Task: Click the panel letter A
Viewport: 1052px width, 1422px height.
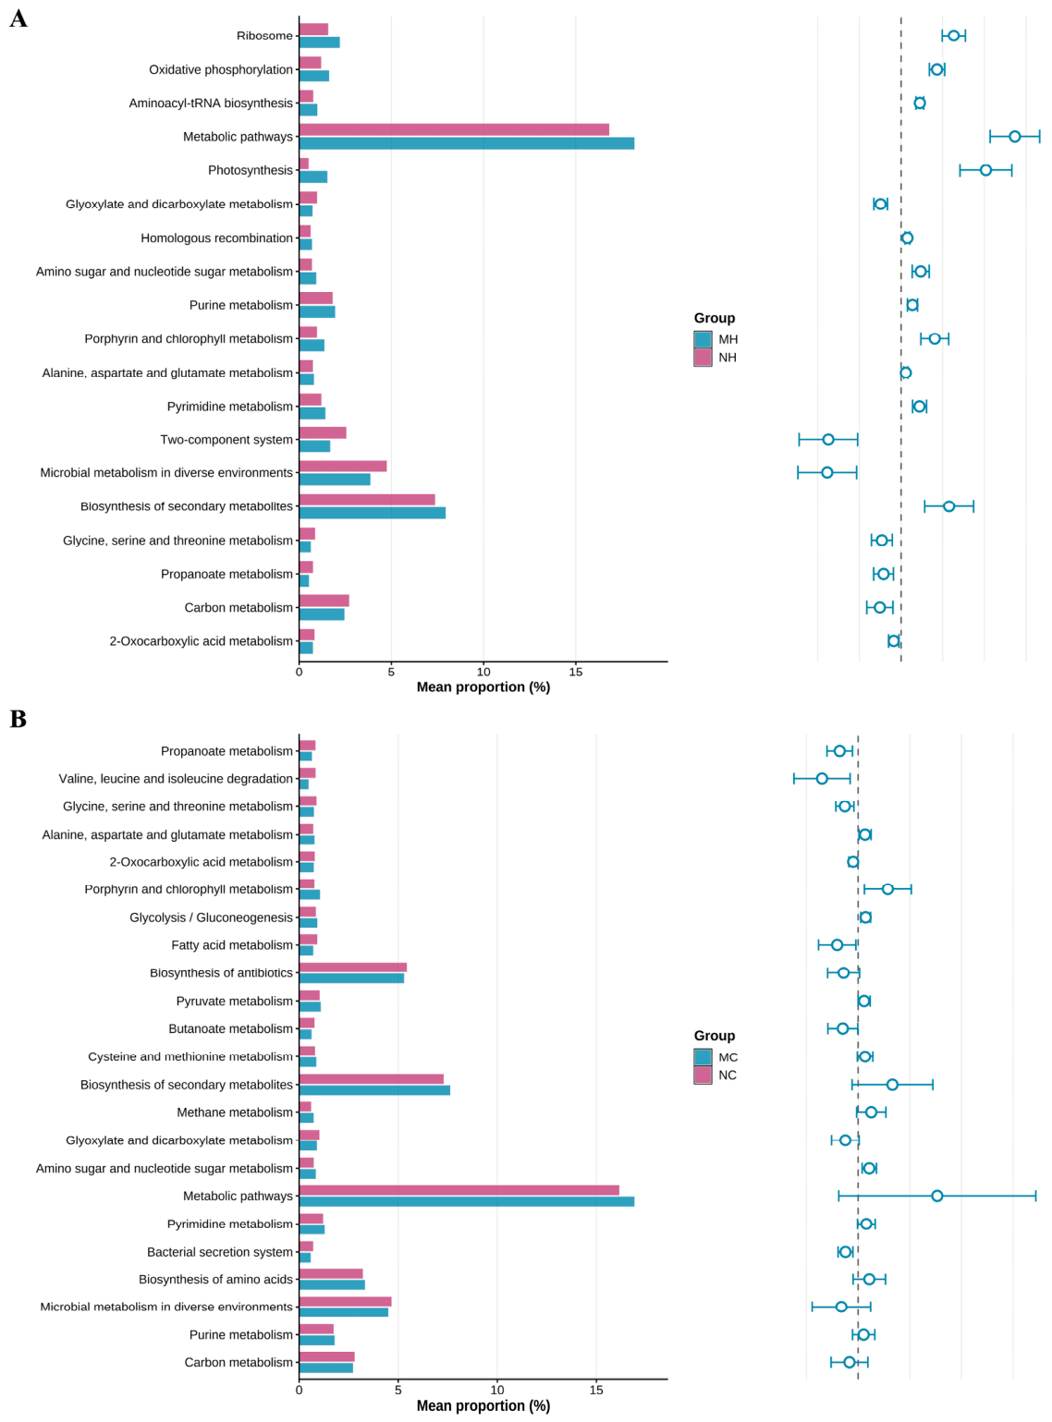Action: coord(18,18)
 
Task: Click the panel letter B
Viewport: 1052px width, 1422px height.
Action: coord(18,718)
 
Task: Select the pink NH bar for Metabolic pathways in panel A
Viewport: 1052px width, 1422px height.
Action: coord(454,129)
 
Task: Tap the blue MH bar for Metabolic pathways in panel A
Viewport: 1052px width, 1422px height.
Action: coord(466,143)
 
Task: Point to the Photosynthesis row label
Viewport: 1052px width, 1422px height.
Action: coord(251,170)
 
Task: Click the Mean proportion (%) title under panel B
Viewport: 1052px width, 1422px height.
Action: coord(483,1405)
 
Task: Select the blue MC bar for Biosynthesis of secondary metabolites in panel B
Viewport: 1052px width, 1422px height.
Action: coord(374,1090)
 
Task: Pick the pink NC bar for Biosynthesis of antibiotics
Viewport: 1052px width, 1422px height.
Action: coord(353,966)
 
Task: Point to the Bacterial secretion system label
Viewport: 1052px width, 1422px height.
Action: coord(219,1251)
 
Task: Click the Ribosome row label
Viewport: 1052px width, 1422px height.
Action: coord(264,36)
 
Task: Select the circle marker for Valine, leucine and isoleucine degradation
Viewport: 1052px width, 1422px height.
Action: coord(821,778)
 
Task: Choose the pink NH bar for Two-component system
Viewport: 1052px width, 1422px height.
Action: coord(323,432)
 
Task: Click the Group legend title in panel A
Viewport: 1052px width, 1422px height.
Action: coord(714,318)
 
